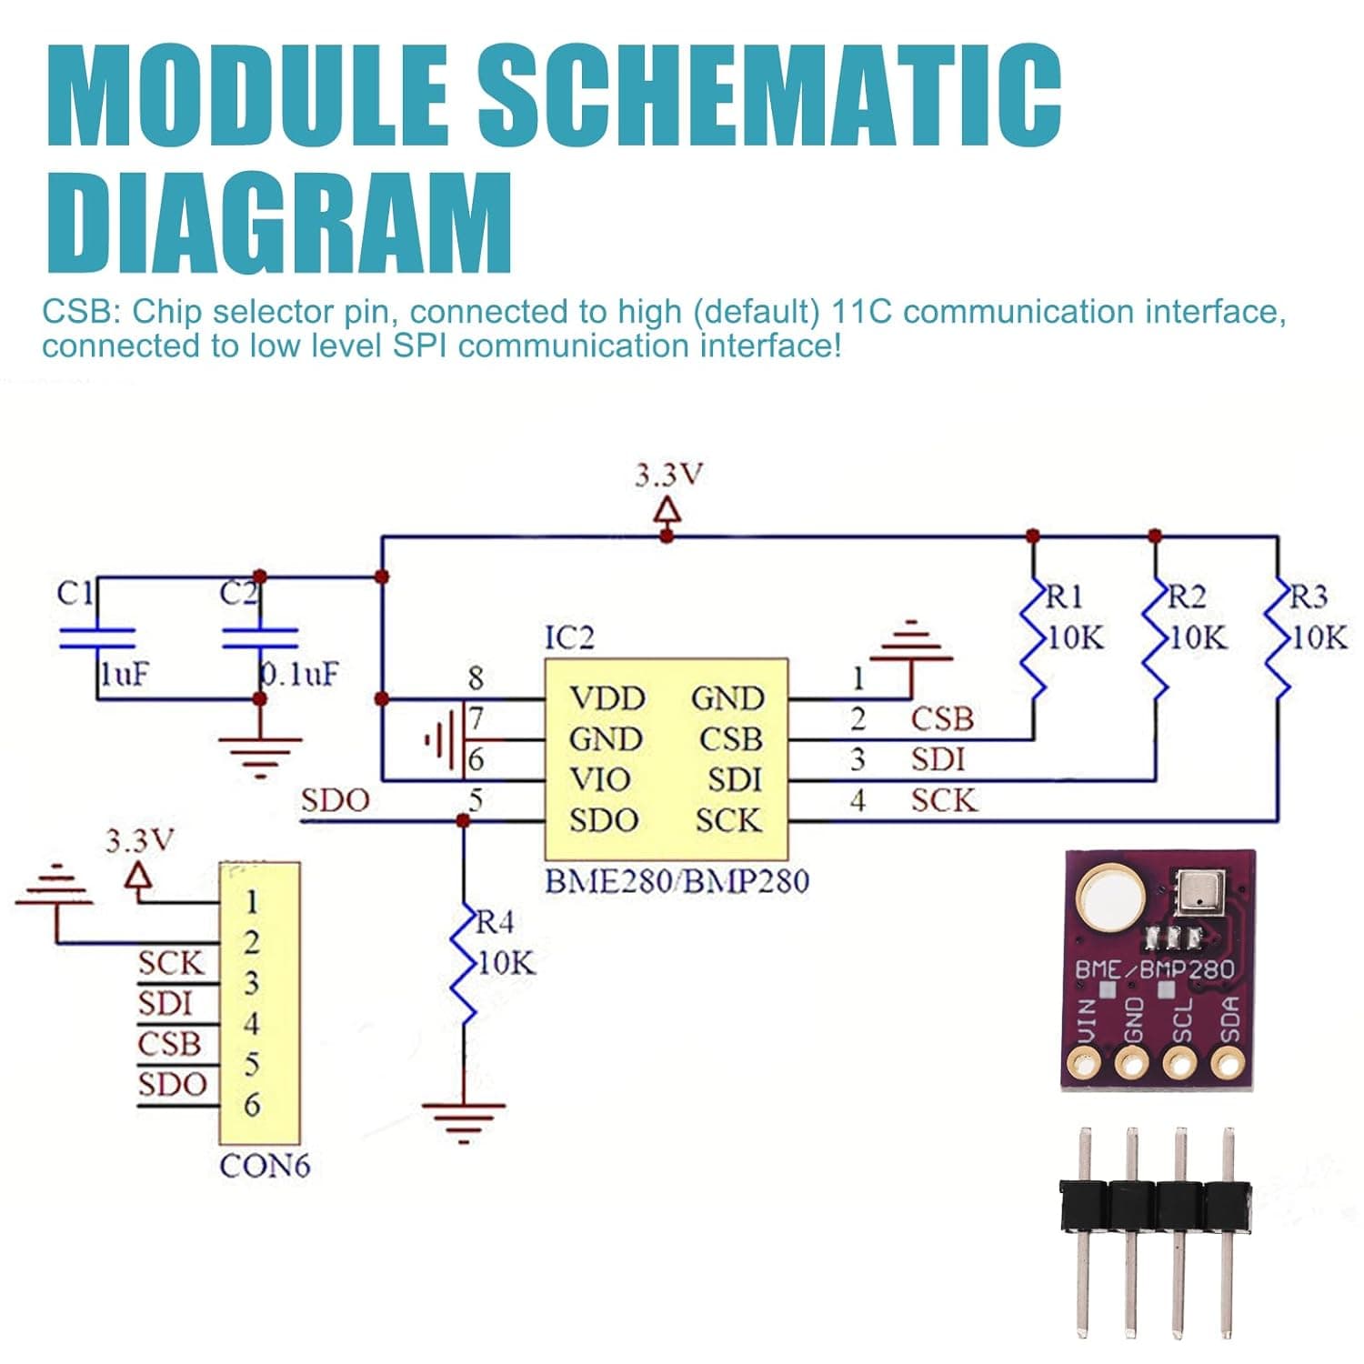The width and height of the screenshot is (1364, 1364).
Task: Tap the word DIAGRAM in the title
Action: click(x=280, y=224)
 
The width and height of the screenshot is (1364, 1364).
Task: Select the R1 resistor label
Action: click(x=1064, y=597)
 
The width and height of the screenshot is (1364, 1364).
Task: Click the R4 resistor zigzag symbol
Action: click(x=465, y=964)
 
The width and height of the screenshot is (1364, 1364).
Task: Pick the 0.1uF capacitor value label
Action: click(x=299, y=674)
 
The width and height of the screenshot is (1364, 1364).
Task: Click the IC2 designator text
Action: click(x=569, y=637)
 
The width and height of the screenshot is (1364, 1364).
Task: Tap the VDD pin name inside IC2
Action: click(x=607, y=698)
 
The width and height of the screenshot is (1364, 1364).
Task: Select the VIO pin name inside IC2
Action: click(x=599, y=779)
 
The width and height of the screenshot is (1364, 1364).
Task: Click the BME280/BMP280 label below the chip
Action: click(x=676, y=881)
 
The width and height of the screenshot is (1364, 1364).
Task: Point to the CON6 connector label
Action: click(x=265, y=1166)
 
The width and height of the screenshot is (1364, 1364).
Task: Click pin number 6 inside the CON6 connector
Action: click(x=252, y=1105)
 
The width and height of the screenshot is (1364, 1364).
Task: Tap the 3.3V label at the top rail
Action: click(x=668, y=475)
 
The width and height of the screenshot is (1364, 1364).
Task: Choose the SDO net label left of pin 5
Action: click(x=335, y=800)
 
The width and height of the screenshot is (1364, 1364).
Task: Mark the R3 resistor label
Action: click(x=1309, y=597)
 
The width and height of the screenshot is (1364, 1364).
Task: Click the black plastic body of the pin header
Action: click(x=1155, y=1206)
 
